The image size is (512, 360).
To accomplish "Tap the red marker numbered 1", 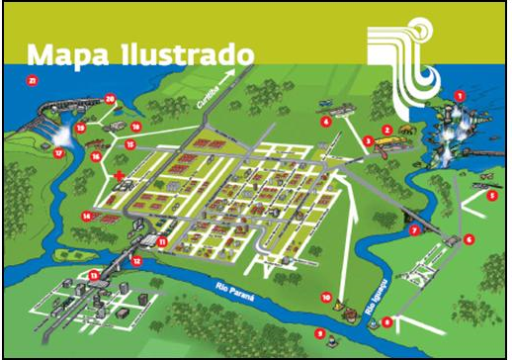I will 460,95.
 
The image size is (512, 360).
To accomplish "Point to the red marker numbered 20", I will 110,98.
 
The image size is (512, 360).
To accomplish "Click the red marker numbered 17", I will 58,153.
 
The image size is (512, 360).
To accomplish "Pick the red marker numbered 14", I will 88,215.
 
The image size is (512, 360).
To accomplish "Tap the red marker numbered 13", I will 94,275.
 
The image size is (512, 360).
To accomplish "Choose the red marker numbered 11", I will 161,241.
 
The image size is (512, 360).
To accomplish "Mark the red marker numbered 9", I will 319,333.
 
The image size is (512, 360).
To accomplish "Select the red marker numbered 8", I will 387,321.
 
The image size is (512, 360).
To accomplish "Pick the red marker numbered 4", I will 324,122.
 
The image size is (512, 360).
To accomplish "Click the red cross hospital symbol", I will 120,176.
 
